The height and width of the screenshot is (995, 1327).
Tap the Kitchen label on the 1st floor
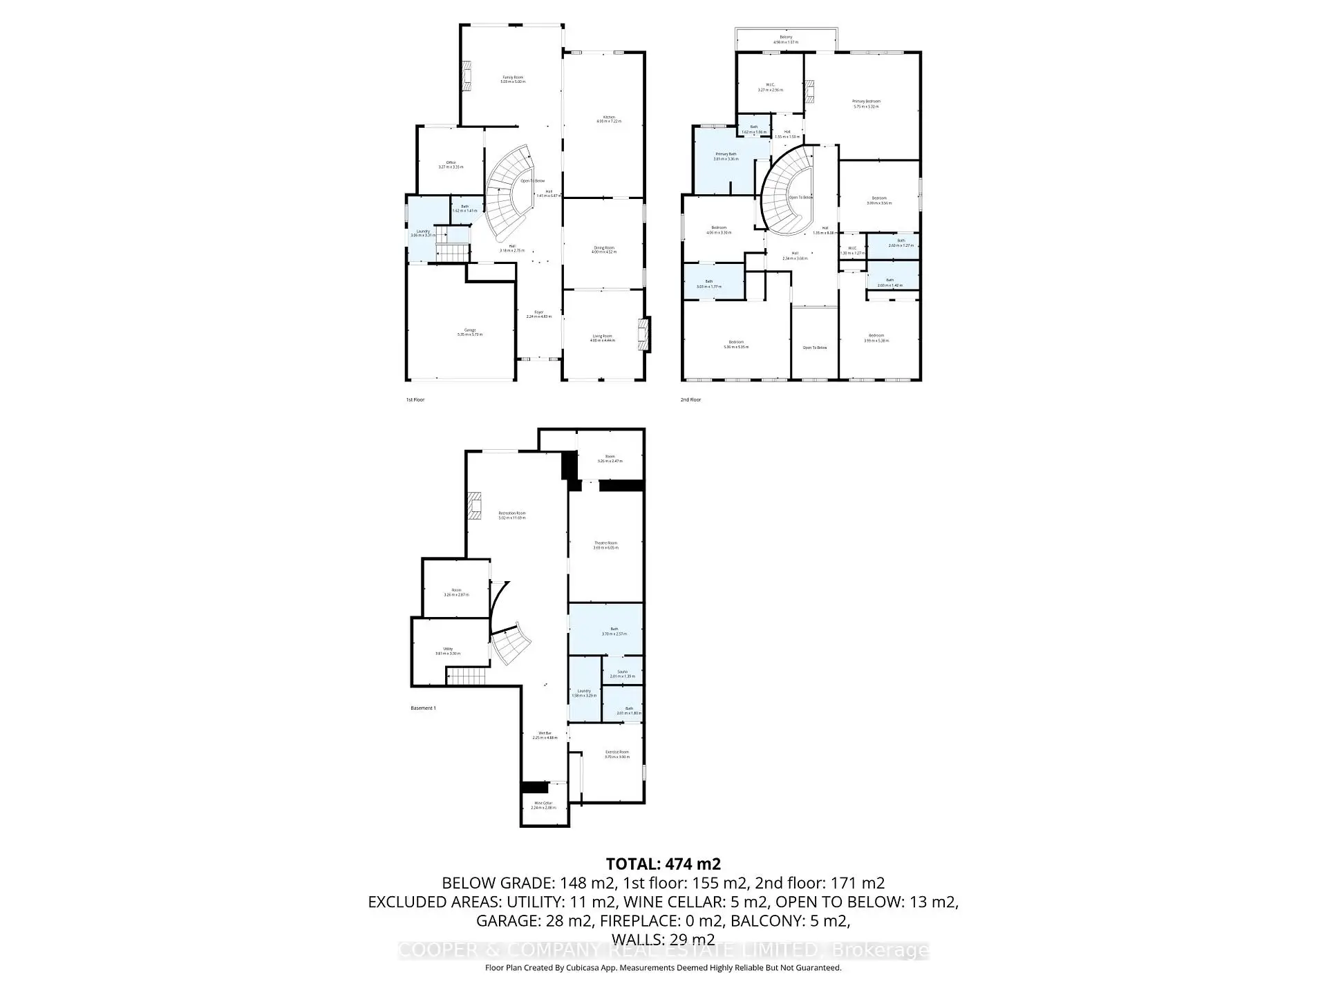click(x=609, y=119)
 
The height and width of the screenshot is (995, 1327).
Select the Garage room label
click(x=469, y=332)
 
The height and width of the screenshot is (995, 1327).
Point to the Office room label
click(x=451, y=164)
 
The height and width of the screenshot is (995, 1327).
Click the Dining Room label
click(x=603, y=249)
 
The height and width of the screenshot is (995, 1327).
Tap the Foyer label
click(x=538, y=314)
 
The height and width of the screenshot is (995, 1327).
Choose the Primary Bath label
click(x=726, y=156)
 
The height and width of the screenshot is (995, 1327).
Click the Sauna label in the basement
click(x=623, y=674)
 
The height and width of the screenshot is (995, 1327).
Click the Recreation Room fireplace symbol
click(x=474, y=505)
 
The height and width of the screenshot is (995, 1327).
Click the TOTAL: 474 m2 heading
click(x=663, y=864)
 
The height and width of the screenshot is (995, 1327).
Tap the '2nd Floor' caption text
click(x=690, y=399)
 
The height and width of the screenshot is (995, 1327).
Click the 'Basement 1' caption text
click(x=423, y=708)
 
